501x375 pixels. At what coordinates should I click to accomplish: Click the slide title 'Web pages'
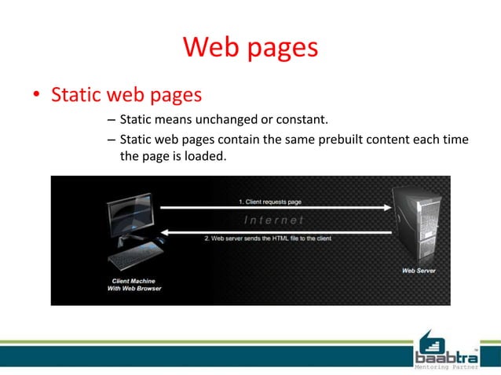(250, 48)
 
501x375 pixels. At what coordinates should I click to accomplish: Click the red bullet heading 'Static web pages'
(126, 95)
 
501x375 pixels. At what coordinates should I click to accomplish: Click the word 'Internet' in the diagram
(274, 220)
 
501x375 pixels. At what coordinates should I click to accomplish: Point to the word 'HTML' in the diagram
(288, 238)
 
